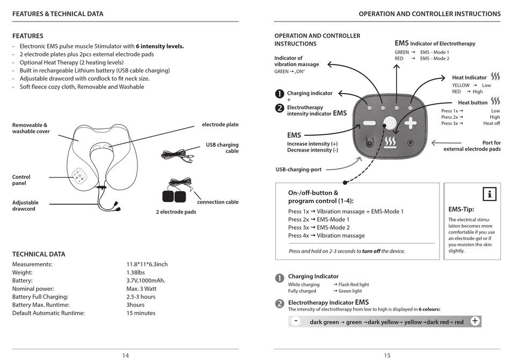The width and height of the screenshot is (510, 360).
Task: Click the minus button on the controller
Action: [x=370, y=123]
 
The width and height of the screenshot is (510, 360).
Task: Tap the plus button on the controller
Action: [x=411, y=123]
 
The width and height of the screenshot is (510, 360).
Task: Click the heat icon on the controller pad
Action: [x=390, y=142]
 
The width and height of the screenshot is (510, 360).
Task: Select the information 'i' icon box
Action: [x=489, y=194]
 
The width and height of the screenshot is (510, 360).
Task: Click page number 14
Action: [x=126, y=355]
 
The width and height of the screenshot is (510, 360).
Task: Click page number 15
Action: [x=387, y=355]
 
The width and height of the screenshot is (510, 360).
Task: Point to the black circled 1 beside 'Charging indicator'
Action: [x=279, y=93]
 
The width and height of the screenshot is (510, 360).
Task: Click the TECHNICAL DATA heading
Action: [x=39, y=254]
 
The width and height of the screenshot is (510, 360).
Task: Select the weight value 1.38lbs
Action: [x=135, y=272]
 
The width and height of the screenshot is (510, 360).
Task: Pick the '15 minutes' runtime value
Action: [x=141, y=313]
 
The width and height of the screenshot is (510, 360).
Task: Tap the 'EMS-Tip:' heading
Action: [x=461, y=210]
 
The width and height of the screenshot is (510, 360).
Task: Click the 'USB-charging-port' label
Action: [x=298, y=170]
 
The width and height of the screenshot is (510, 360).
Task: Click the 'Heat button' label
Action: [x=472, y=103]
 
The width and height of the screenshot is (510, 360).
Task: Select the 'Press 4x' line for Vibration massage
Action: [x=326, y=235]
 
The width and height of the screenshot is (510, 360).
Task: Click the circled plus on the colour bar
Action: [x=475, y=321]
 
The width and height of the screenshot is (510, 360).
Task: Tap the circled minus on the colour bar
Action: [x=296, y=321]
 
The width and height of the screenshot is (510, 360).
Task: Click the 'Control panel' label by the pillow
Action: [x=21, y=180]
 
